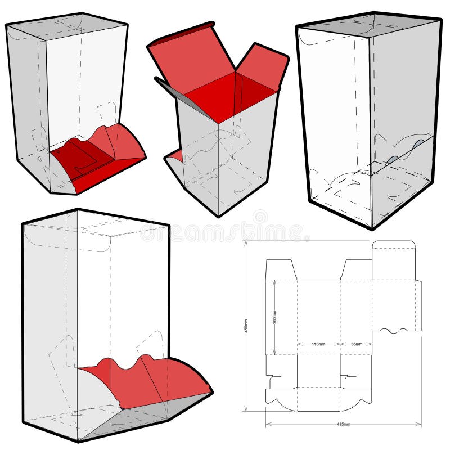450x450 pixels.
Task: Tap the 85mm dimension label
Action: coord(357,344)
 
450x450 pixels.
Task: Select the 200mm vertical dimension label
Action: coord(274,318)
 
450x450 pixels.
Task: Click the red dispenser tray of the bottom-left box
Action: coord(152,382)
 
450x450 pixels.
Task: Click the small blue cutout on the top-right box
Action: coord(420,145)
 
